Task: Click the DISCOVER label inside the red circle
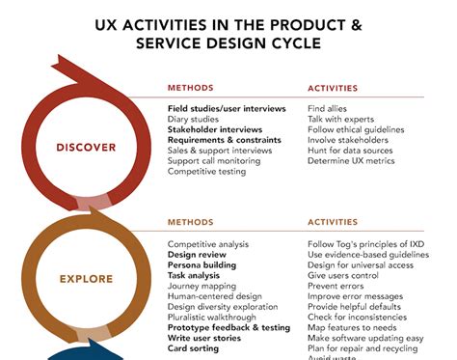click(x=87, y=148)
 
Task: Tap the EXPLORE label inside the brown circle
click(x=86, y=279)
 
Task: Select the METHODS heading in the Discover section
click(x=191, y=86)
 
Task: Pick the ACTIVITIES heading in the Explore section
click(x=333, y=221)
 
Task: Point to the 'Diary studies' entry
click(x=194, y=119)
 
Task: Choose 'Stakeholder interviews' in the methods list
click(x=214, y=129)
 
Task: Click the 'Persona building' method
click(x=202, y=264)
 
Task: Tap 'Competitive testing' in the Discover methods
click(x=206, y=172)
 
